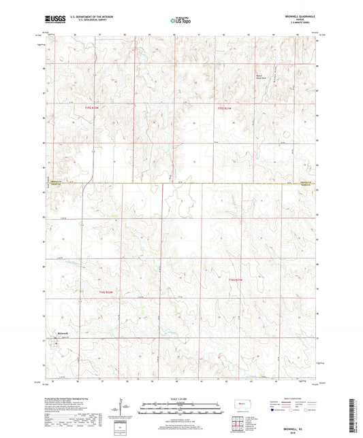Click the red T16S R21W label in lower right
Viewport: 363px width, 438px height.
(x=236, y=280)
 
